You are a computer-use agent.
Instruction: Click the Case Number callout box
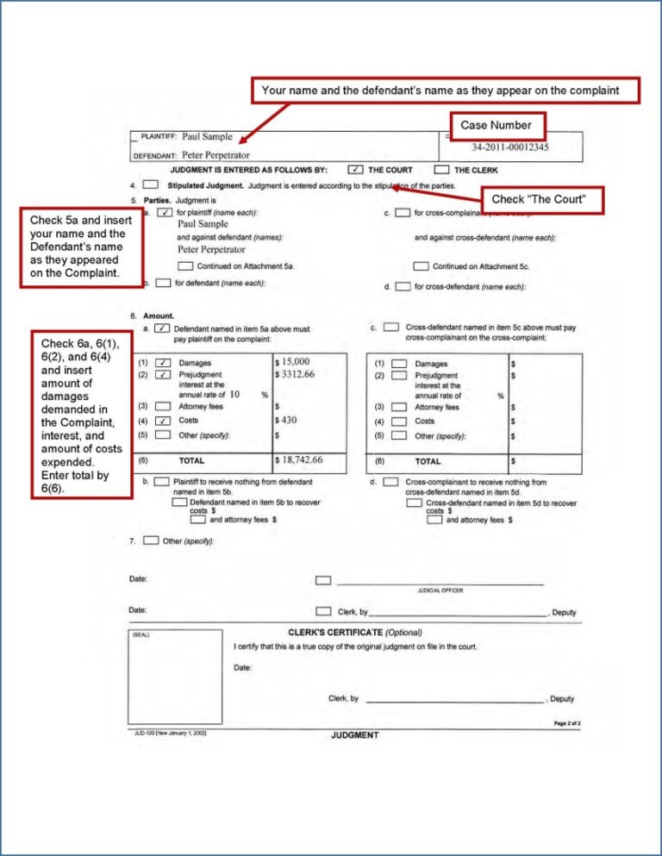click(x=496, y=125)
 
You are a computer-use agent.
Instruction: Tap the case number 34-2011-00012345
click(x=509, y=147)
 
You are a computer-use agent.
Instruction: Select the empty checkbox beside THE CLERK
click(x=441, y=170)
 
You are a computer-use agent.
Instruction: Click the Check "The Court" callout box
click(x=539, y=200)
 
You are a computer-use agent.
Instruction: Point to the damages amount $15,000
click(x=295, y=362)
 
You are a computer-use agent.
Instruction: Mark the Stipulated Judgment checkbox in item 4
click(x=151, y=184)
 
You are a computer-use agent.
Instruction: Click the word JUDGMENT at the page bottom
click(x=354, y=735)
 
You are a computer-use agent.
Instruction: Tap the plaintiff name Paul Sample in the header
click(x=207, y=136)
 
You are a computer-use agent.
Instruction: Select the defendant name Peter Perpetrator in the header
click(x=215, y=155)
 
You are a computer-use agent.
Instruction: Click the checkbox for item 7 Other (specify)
click(x=151, y=540)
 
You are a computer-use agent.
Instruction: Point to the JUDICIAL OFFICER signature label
click(x=440, y=590)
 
